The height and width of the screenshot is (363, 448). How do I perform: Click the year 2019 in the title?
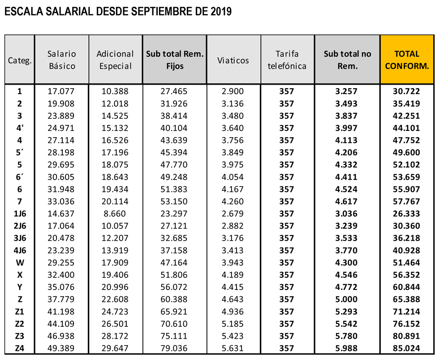[220, 12]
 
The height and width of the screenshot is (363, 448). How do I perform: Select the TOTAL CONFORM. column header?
[407, 60]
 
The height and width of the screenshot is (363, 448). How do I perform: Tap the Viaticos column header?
[233, 60]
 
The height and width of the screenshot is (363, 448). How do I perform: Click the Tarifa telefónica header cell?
[287, 60]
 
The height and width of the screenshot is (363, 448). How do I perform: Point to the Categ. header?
[20, 60]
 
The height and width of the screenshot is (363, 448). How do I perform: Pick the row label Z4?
[20, 348]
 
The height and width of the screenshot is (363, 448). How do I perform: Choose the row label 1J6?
[20, 213]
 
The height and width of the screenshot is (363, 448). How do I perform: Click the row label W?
[20, 262]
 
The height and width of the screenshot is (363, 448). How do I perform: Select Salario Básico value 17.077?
[61, 91]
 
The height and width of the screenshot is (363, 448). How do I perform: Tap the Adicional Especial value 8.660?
[115, 213]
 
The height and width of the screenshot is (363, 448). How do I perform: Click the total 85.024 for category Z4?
[406, 348]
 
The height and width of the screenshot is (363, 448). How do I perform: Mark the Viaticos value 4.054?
[233, 177]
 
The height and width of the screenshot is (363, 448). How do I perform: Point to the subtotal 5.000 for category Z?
[346, 299]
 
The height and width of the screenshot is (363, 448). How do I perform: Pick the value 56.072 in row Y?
[174, 287]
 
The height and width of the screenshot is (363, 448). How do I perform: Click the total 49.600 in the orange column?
[406, 152]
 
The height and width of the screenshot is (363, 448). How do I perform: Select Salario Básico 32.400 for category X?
[61, 275]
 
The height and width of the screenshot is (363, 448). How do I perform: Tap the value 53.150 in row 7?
[174, 201]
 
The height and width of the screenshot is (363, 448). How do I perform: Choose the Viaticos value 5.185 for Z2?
[233, 324]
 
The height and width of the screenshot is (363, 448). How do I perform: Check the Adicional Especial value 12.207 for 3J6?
[115, 238]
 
